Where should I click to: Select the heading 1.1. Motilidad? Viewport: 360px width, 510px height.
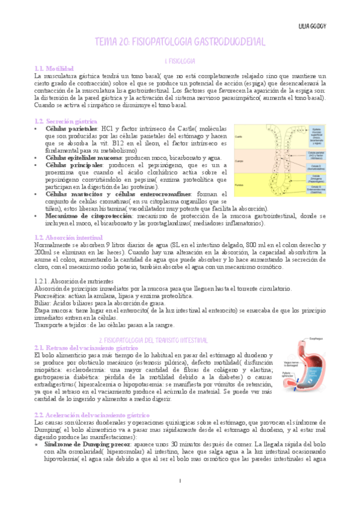pyautogui.click(x=54, y=69)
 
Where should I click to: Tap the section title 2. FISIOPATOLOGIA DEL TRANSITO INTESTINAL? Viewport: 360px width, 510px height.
pyautogui.click(x=180, y=340)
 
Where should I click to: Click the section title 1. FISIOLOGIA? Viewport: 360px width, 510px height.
pyautogui.click(x=180, y=61)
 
